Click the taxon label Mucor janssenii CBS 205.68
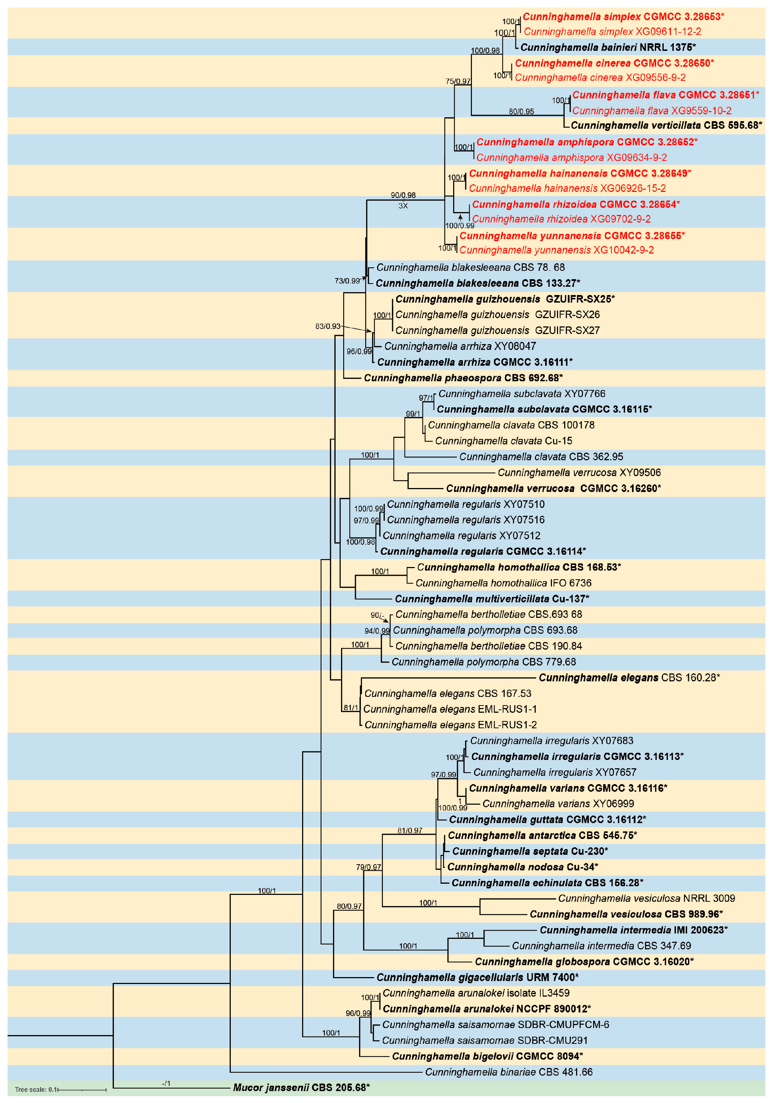pos(301,1087)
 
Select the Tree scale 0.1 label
pos(36,1090)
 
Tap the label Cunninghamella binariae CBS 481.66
pos(508,1072)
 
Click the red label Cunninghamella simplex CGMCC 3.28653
pos(623,17)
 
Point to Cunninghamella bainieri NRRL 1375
pos(608,47)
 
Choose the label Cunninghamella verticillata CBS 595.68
pos(666,126)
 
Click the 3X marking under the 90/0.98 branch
pos(403,206)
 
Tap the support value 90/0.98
pos(403,195)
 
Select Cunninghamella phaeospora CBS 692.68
pos(463,378)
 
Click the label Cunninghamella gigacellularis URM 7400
pos(477,977)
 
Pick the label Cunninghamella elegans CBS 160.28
pos(629,677)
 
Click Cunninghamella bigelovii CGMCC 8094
pos(487,1056)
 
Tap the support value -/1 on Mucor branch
pos(166,1083)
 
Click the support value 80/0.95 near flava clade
pos(521,111)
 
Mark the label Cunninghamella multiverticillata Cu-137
pos(492,599)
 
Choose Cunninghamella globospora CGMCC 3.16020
pos(584,961)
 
